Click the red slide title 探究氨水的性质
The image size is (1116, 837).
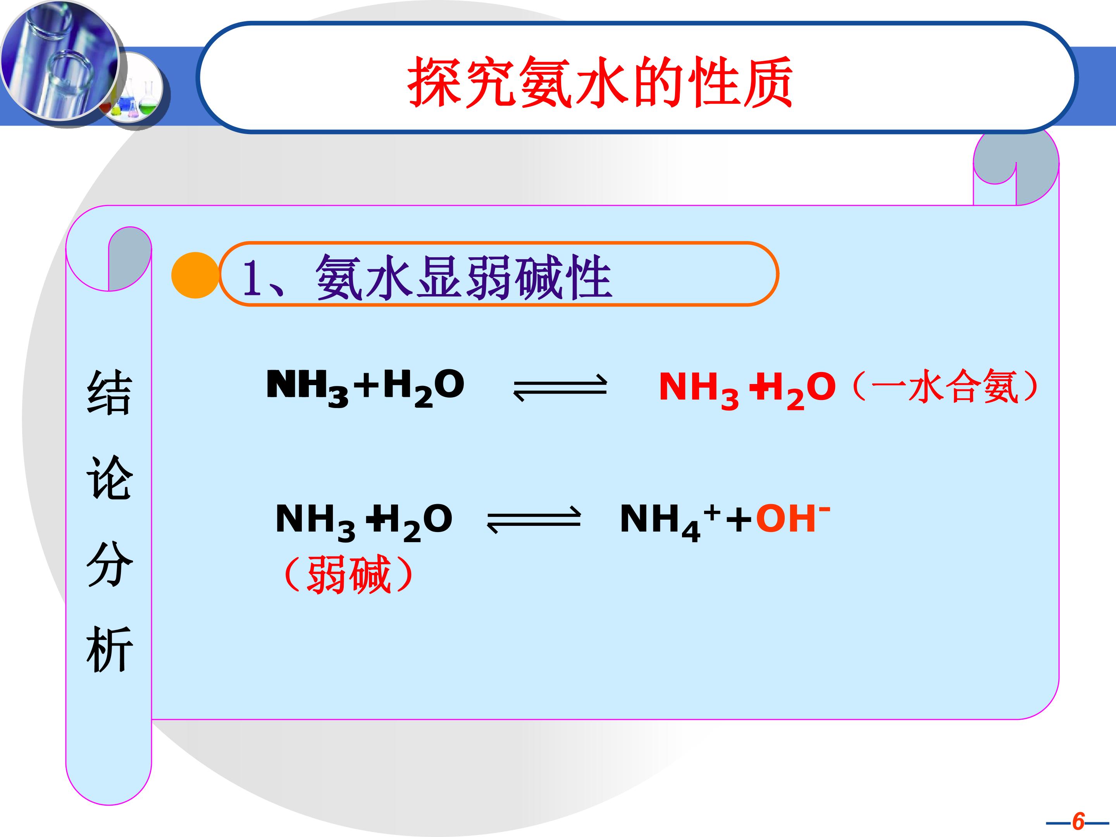[x=600, y=82]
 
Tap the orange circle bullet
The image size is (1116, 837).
[x=195, y=275]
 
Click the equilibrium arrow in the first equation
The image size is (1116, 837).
[x=560, y=387]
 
